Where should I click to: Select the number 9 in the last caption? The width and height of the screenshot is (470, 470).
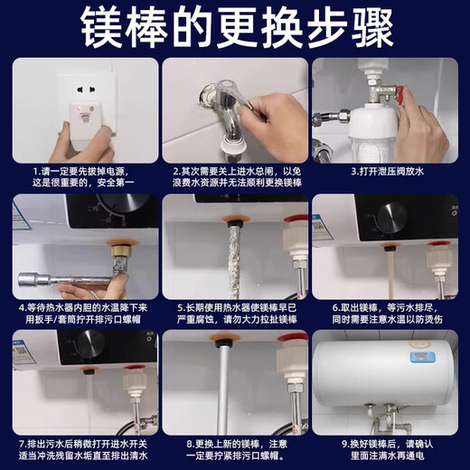click(x=345, y=442)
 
